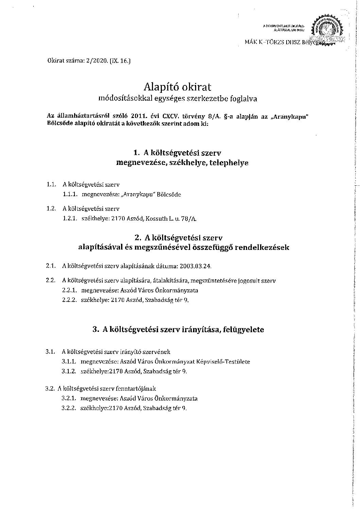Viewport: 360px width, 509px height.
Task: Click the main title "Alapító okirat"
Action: point(178,87)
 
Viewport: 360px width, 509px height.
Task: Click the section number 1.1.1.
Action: point(70,195)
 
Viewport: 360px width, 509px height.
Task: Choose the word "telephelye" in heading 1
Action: point(229,163)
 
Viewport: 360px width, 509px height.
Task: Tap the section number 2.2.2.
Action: point(70,300)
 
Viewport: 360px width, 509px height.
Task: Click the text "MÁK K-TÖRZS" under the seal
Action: point(262,42)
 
